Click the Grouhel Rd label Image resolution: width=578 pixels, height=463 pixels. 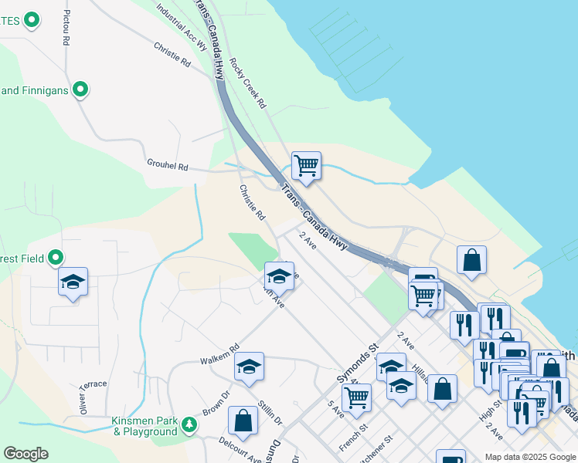click(168, 165)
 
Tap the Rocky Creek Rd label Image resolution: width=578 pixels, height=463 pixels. click(247, 84)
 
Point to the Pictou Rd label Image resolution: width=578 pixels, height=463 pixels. click(66, 26)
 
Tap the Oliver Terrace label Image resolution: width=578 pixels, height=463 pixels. click(87, 395)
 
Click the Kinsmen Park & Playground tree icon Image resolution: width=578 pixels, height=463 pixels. click(189, 424)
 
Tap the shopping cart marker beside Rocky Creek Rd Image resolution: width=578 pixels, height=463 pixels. click(307, 165)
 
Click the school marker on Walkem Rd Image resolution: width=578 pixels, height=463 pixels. click(249, 367)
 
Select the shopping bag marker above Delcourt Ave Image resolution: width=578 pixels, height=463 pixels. click(243, 421)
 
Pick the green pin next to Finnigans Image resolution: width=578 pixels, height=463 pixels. click(80, 90)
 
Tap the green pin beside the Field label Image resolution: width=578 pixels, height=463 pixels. click(56, 258)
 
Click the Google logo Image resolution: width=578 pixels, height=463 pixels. click(25, 454)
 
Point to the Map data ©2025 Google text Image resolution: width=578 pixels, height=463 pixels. click(530, 457)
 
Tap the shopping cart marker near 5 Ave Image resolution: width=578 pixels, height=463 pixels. click(356, 398)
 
